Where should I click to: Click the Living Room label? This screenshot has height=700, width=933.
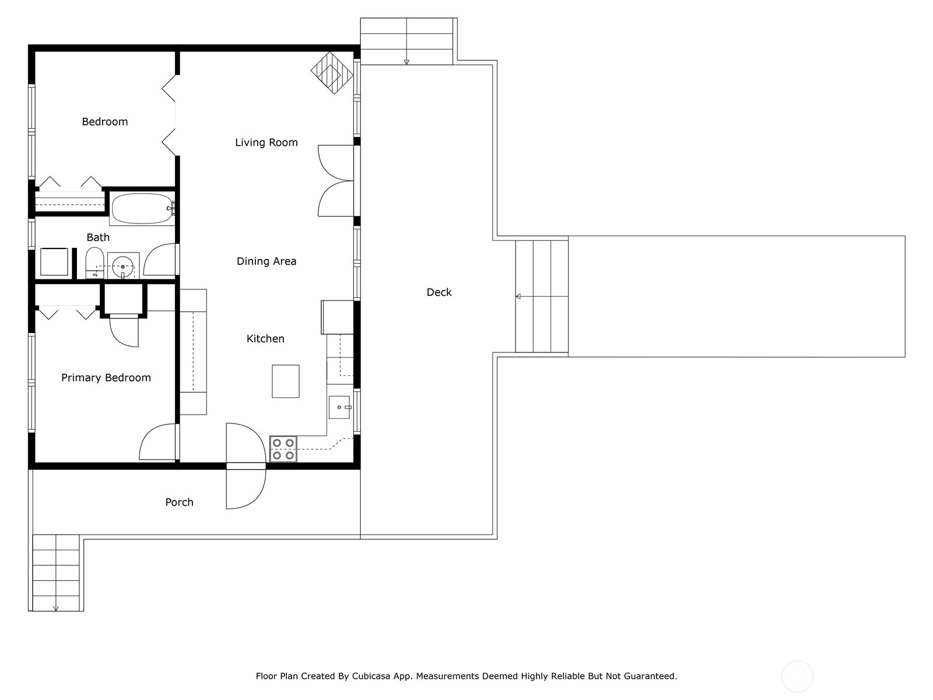pos(266,142)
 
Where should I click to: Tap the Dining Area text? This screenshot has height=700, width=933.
pos(266,261)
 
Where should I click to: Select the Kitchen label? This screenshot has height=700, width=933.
pos(265,339)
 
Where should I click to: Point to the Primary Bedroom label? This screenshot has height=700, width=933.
pos(106,378)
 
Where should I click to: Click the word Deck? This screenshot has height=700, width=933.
pos(439,292)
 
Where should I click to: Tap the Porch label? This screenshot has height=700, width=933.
pos(179,502)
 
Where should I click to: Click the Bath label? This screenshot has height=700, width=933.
pos(98,237)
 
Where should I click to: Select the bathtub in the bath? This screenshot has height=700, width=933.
pos(142,209)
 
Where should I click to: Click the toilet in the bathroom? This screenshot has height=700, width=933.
pos(94,263)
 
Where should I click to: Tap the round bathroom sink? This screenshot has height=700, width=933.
pos(123,266)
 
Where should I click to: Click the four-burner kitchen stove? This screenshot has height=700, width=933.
pos(283,449)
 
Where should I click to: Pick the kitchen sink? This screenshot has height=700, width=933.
pos(339,407)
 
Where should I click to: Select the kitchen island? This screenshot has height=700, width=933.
pos(286,381)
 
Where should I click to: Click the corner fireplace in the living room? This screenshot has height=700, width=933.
pos(332,73)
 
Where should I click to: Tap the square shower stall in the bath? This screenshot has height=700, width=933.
pos(54,262)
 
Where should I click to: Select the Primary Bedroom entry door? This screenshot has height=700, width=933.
pos(157,442)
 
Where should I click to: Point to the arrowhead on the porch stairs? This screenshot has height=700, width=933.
pos(55,608)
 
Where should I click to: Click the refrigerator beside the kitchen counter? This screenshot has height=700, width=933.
pos(338,317)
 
